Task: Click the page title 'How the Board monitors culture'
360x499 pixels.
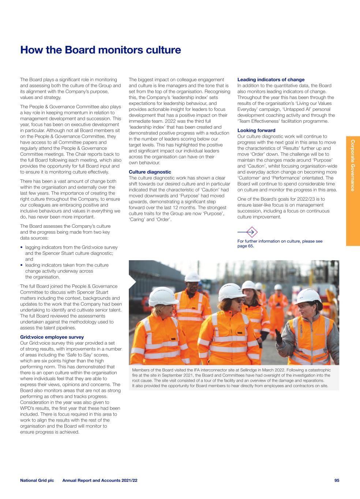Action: point(101,50)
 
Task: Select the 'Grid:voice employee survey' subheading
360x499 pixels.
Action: point(52,337)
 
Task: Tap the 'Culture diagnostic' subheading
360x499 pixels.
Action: point(150,172)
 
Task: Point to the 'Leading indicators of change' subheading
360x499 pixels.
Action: point(271,79)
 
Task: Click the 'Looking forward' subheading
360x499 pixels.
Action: point(256,131)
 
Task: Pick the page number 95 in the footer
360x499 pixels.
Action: point(337,480)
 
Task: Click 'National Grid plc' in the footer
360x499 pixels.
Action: point(37,480)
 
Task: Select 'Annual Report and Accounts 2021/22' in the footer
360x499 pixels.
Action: point(100,480)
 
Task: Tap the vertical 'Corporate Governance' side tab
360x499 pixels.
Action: point(353,165)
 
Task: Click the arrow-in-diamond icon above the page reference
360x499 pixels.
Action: point(251,232)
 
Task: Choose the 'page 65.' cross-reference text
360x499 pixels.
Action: point(245,246)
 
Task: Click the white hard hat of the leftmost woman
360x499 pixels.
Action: point(163,296)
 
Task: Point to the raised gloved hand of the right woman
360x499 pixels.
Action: point(280,334)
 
